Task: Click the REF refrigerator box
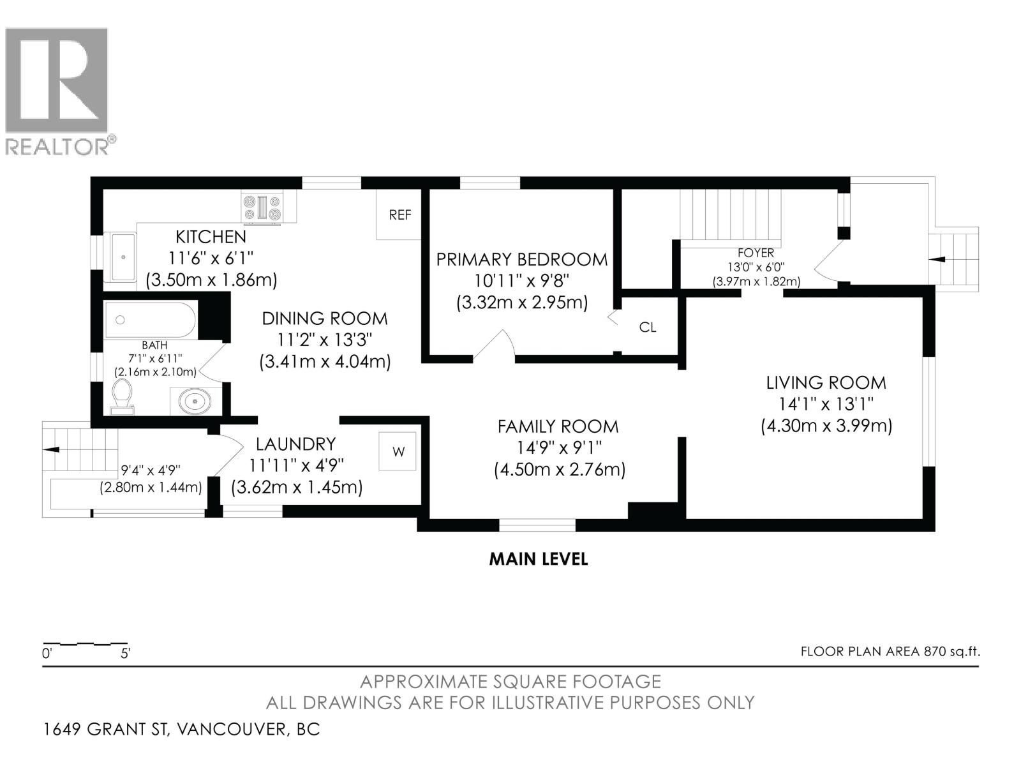click(x=399, y=215)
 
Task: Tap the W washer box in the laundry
click(x=398, y=451)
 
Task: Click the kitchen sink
click(x=123, y=257)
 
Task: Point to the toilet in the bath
click(x=121, y=396)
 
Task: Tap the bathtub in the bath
click(x=151, y=320)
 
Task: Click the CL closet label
click(x=648, y=327)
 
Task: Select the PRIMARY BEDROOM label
click(x=521, y=260)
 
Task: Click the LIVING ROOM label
click(x=826, y=383)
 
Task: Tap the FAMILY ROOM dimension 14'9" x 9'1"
click(x=558, y=447)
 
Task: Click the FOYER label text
click(x=756, y=253)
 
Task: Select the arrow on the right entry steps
click(x=938, y=259)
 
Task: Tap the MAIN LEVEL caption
click(x=538, y=559)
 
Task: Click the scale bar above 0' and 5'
click(x=84, y=643)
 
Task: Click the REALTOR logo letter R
click(x=57, y=80)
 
